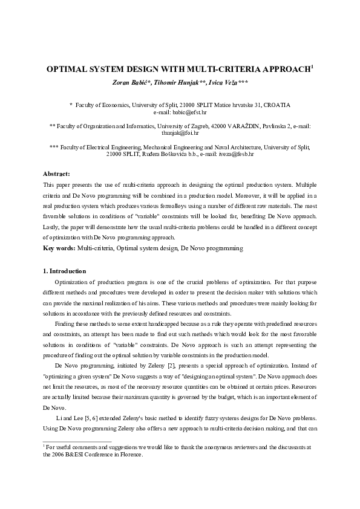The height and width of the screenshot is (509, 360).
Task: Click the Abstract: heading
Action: click(57, 173)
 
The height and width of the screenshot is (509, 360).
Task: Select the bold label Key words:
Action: click(59, 248)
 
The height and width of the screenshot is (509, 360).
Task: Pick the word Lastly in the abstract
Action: click(53, 227)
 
